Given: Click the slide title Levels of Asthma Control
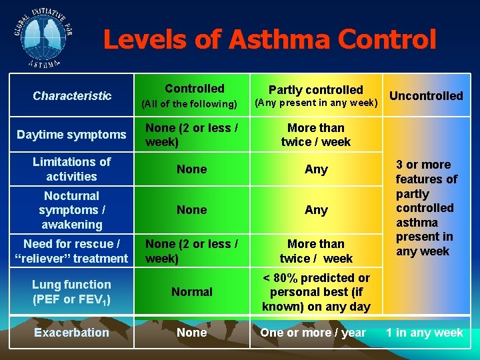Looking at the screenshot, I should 269,40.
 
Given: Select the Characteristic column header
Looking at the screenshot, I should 72,96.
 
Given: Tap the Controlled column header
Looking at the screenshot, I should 195,89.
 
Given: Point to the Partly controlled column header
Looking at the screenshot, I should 316,90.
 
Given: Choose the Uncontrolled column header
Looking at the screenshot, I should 426,96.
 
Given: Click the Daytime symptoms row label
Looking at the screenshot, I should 71,135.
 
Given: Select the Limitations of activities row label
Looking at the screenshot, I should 71,169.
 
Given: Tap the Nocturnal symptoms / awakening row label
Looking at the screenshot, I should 71,210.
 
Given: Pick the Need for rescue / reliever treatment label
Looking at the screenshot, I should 71,251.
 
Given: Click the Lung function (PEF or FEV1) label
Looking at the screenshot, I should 71,292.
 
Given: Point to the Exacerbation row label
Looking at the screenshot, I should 71,332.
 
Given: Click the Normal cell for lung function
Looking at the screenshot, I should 192,292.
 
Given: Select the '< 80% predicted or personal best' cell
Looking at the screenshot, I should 316,292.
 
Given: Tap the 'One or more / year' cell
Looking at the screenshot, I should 313,333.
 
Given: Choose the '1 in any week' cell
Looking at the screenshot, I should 425,333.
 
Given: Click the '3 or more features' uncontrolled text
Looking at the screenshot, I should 426,207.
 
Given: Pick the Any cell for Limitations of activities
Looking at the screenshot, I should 316,169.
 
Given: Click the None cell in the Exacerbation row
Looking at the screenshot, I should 192,333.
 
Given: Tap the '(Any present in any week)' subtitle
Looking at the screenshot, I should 317,103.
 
